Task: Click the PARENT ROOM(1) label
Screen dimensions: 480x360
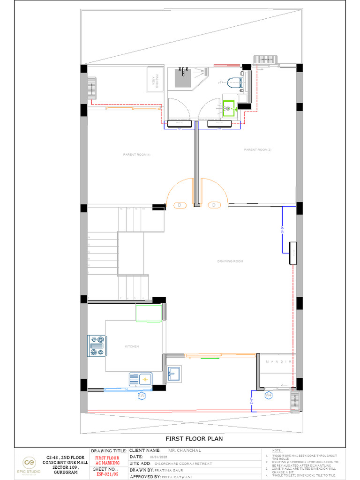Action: [137, 155]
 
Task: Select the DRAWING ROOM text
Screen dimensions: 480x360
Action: [230, 261]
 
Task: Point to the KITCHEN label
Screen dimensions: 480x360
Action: [132, 346]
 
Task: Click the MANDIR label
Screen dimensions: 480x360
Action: [278, 362]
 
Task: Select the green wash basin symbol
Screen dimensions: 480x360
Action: [229, 108]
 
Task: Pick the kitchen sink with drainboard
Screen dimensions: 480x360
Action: [141, 378]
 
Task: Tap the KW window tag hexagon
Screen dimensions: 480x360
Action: [141, 396]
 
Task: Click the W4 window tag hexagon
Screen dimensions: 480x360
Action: [269, 396]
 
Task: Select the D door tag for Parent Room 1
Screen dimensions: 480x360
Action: [180, 205]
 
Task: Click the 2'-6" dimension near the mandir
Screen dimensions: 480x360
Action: [251, 401]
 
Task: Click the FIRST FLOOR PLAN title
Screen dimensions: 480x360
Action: [194, 439]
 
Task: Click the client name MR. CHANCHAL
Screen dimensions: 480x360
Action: [185, 450]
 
